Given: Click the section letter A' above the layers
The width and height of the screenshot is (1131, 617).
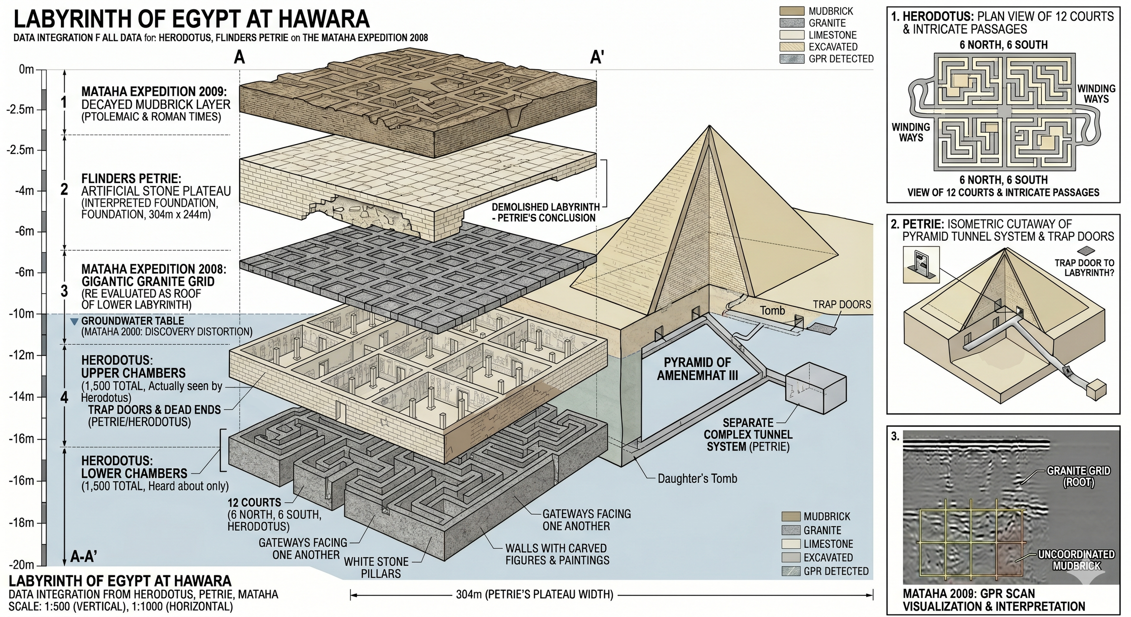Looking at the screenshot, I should point(597,58).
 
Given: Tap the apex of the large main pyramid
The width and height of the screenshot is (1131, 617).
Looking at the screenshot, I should point(708,126).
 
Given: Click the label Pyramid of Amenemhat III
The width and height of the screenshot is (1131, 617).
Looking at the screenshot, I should point(697,369).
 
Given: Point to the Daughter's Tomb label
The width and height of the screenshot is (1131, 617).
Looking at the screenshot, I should point(697,479).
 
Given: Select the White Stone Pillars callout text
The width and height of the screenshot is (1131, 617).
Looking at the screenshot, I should point(376,568).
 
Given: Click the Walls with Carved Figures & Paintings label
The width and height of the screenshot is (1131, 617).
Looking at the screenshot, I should point(557,554).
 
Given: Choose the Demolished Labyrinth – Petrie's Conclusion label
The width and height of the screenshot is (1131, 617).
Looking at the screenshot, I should point(545,213).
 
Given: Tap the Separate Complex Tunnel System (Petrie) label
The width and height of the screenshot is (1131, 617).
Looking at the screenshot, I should point(748,435).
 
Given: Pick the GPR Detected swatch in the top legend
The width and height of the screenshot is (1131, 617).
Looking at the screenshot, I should point(792,59).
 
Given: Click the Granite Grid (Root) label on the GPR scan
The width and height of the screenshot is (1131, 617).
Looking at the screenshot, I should point(1078,477).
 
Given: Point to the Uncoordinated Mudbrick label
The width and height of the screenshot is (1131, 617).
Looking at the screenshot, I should point(1076,560).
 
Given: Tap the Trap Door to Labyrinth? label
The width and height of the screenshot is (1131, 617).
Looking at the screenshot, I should point(1084,268).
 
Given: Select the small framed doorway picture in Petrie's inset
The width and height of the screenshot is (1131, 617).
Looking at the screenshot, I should point(921,265).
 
